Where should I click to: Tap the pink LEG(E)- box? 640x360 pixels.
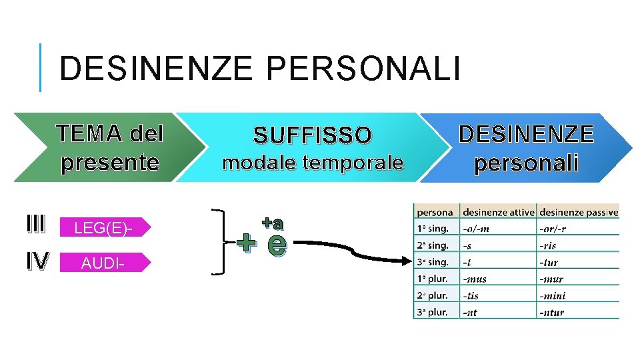click(105, 228)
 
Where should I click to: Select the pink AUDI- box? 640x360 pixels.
click(105, 263)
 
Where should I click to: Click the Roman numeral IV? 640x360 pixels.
click(37, 261)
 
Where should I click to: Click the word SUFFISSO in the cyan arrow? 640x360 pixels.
click(312, 136)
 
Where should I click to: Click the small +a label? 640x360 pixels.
click(272, 223)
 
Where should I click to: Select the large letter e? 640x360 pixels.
click(277, 245)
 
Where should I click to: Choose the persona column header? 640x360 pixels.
click(435, 213)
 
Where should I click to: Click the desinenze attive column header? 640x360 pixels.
click(498, 213)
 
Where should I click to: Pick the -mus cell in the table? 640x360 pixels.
click(475, 279)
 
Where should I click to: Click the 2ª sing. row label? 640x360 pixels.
click(433, 246)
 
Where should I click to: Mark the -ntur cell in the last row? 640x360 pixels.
click(553, 312)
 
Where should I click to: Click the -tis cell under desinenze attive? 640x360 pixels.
click(472, 295)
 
